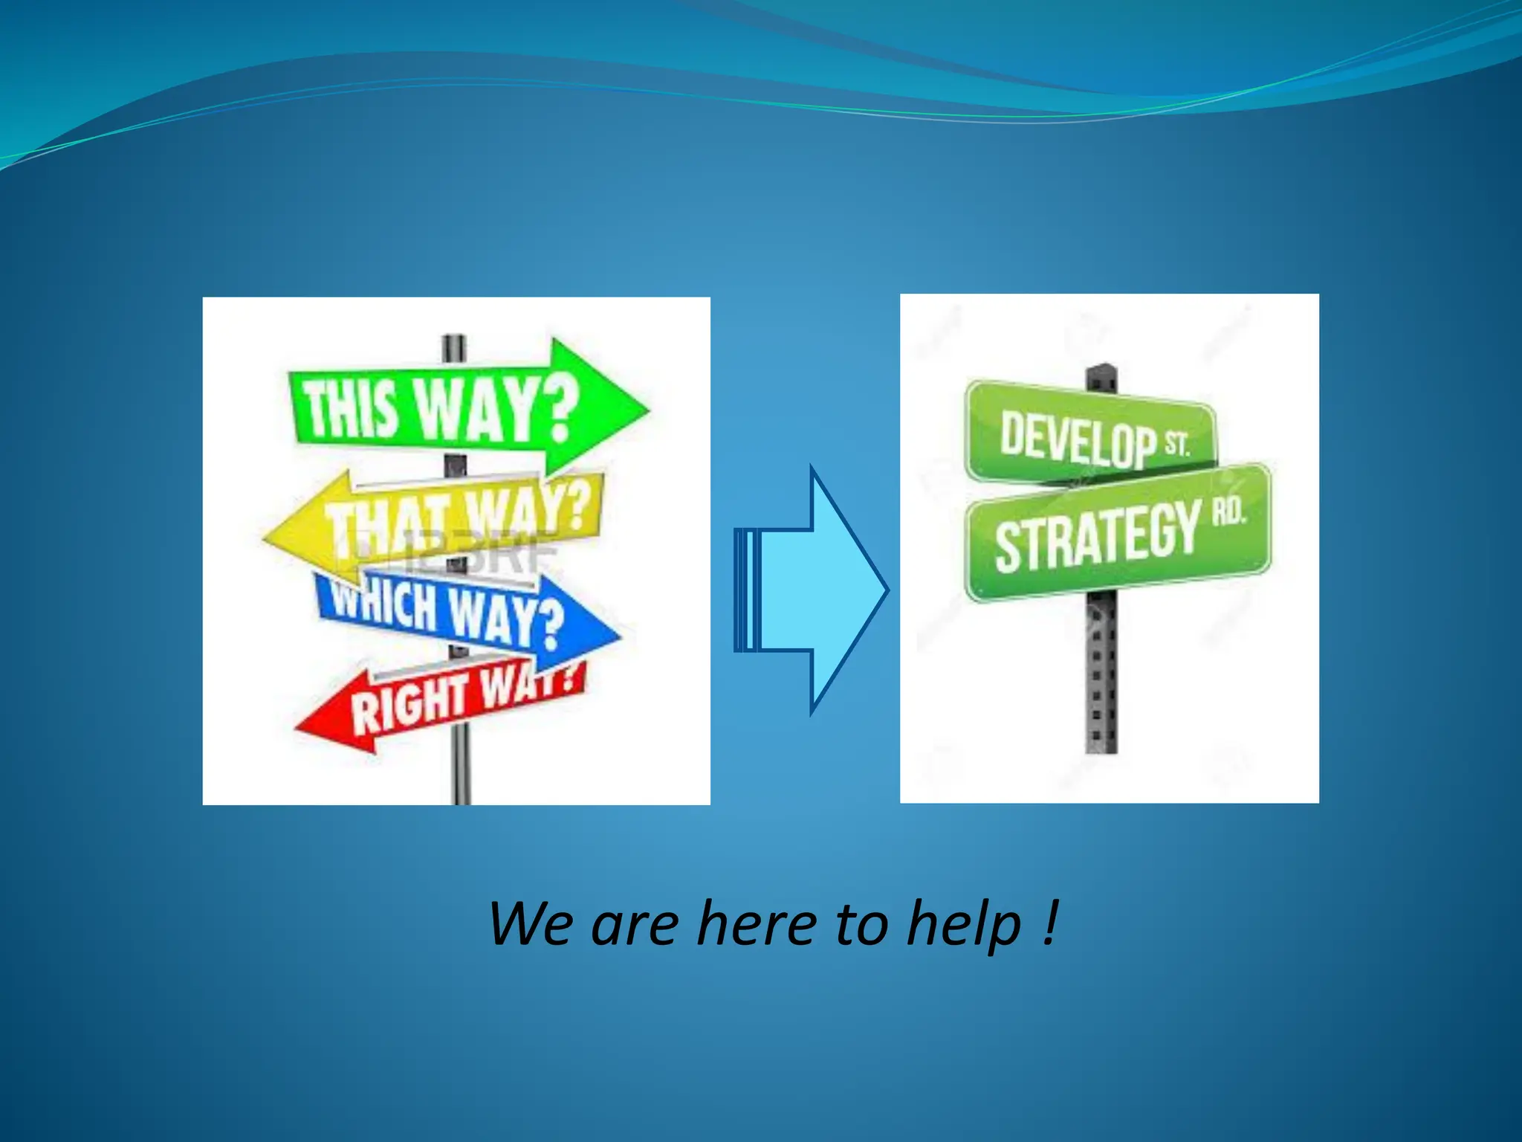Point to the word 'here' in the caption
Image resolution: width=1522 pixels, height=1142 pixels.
click(757, 924)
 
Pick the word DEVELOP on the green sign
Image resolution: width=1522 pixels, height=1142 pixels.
click(1078, 439)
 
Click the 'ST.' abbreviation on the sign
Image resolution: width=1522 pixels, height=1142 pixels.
click(1177, 444)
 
